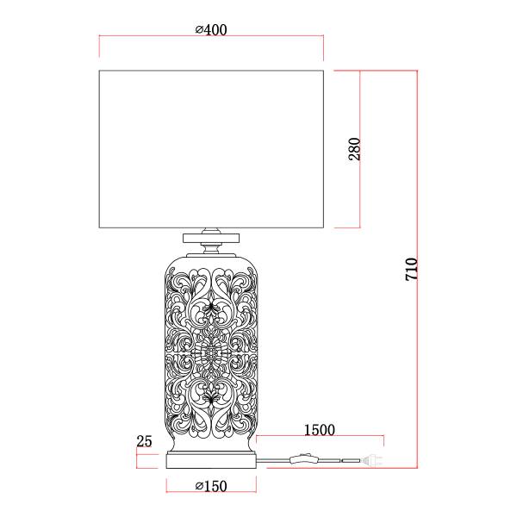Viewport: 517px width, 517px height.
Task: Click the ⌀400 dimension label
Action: [x=211, y=30]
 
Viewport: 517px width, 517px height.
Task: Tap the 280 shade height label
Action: [x=355, y=149]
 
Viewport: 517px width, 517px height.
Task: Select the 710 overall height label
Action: [x=412, y=270]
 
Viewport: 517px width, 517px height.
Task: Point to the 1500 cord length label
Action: [x=319, y=430]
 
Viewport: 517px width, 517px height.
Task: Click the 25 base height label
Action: [x=144, y=441]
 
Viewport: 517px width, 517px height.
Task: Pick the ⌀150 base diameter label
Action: [x=211, y=486]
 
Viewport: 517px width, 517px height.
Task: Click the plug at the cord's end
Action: [x=372, y=460]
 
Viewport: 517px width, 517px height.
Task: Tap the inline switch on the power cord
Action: [x=303, y=458]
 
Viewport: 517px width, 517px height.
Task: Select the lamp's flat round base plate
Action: [x=211, y=461]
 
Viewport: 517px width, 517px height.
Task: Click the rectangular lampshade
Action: [x=211, y=149]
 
